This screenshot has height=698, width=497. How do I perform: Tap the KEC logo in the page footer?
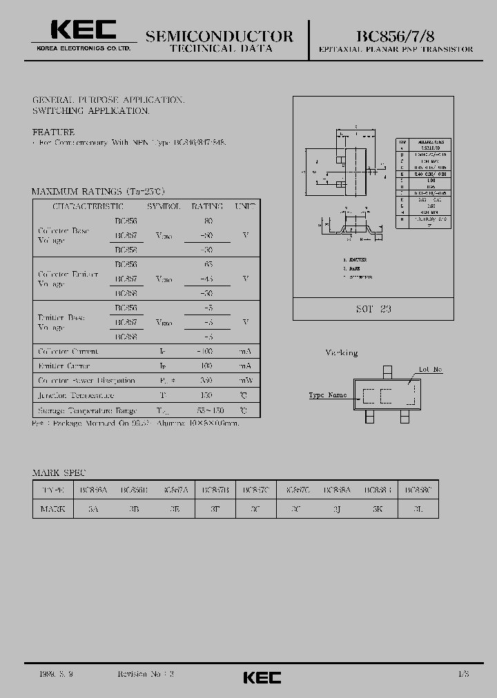pos(262,677)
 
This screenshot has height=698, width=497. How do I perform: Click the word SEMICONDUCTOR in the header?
pos(220,37)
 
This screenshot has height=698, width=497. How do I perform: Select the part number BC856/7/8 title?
pos(396,36)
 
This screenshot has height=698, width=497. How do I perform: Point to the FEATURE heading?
pos(53,131)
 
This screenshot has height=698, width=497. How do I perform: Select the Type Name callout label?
pos(328,395)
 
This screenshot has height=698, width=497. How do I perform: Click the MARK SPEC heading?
pos(59,472)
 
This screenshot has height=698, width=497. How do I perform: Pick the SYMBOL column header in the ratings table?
pos(164,206)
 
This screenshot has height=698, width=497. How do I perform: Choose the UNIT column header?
pos(245,206)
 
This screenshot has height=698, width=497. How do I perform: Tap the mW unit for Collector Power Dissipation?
pos(245,381)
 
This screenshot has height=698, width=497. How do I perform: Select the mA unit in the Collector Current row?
pos(245,351)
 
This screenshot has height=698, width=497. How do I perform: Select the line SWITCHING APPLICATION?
pos(90,110)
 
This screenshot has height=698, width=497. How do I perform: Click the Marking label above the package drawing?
pos(341,352)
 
